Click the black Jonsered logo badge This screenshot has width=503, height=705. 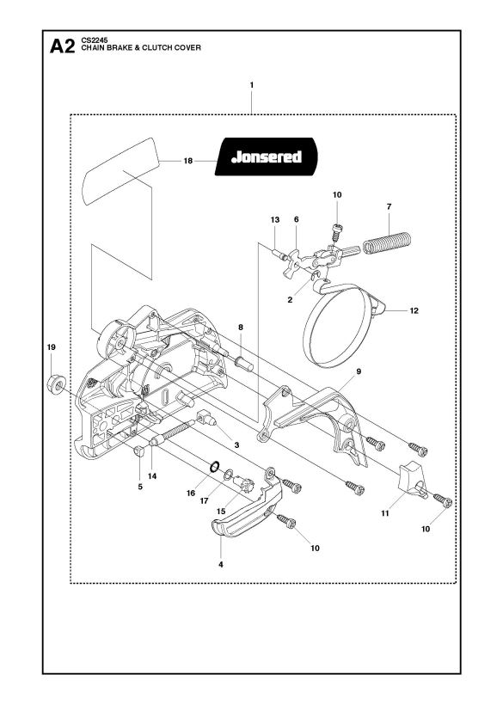[x=266, y=156]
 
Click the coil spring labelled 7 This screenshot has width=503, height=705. [x=387, y=242]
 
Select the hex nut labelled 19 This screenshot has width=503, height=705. [x=56, y=383]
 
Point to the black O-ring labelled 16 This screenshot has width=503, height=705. [x=215, y=466]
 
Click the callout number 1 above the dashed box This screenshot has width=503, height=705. [x=252, y=85]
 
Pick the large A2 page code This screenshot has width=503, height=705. [x=63, y=46]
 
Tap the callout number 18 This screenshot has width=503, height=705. [x=188, y=161]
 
